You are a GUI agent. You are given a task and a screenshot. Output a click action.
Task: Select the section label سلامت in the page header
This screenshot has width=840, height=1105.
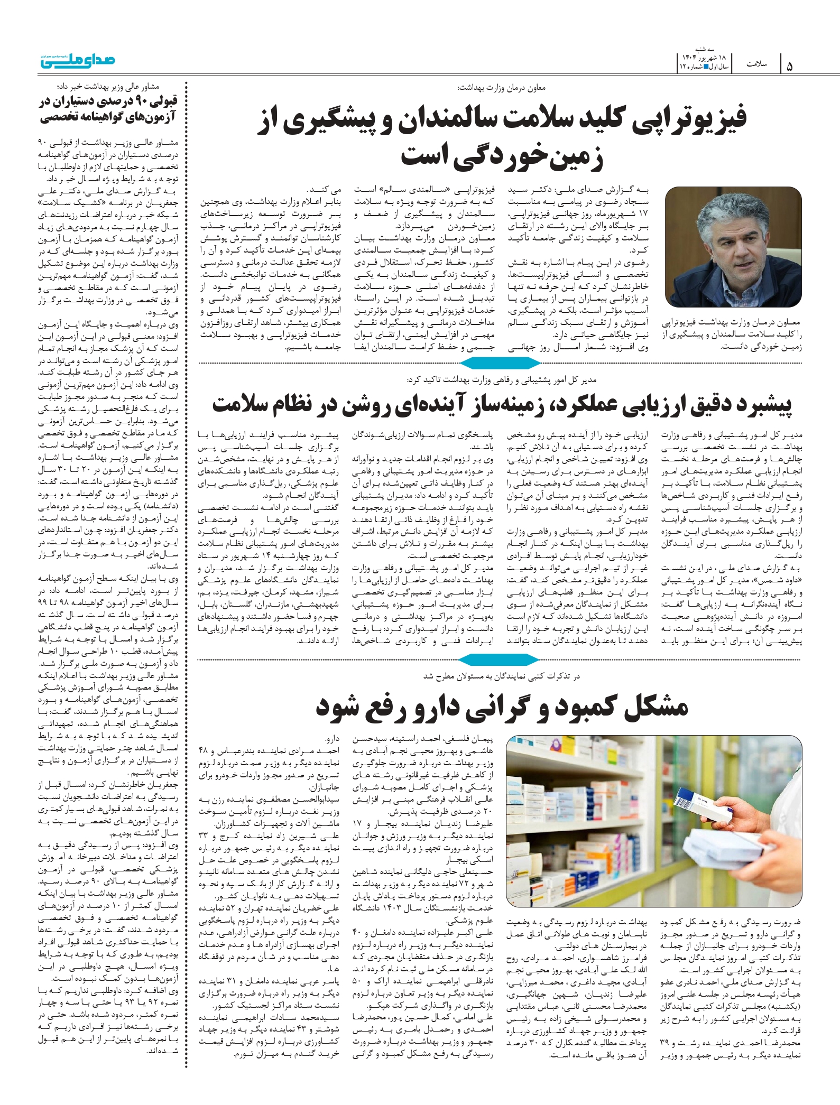click(756, 64)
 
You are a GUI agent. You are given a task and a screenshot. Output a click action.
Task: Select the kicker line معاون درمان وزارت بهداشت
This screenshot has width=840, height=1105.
click(502, 87)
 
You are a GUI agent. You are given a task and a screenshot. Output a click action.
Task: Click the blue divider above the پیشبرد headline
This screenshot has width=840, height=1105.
click(500, 363)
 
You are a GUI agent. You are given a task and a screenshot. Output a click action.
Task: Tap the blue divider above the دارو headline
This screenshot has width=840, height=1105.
click(500, 659)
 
